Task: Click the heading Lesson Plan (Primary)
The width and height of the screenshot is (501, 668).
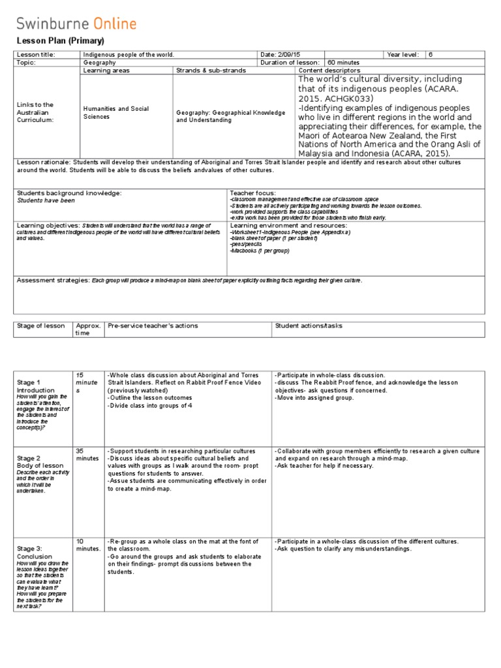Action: (50, 40)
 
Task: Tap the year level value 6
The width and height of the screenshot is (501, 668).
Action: (431, 55)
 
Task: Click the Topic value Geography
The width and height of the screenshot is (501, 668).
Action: (99, 63)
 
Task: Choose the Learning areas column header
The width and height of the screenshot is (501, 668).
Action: (106, 70)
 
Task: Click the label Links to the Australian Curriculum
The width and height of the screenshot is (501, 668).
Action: (36, 112)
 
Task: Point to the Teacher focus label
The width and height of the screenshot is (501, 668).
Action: (252, 193)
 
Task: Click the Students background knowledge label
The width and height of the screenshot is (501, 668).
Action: (69, 193)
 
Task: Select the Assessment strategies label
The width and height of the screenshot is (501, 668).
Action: (53, 280)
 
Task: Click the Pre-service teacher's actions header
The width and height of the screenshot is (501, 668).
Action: (153, 326)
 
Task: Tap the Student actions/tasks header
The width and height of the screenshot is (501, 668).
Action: (309, 326)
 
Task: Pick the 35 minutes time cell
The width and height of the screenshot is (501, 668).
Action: (87, 455)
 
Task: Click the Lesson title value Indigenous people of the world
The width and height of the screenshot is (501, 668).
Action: (129, 55)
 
